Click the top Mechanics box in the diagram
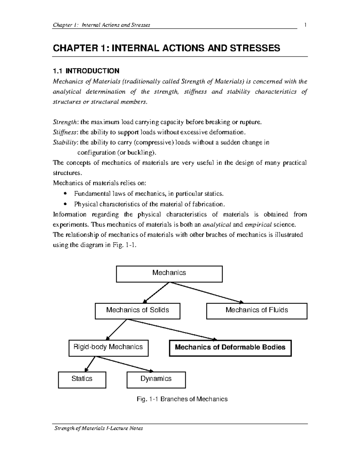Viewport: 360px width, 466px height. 169,274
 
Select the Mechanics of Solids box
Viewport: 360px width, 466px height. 137,311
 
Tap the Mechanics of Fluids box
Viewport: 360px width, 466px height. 257,311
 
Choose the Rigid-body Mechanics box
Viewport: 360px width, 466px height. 108,348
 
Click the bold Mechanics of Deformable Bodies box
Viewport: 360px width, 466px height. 230,348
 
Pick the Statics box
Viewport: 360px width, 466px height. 82,380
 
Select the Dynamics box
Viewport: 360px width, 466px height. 156,380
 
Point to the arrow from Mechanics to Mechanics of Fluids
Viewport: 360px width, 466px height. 207,293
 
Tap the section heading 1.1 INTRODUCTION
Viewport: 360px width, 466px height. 86,71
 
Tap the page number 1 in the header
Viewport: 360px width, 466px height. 305,25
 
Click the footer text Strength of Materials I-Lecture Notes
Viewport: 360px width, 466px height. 98,428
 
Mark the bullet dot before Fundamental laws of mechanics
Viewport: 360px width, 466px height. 65,194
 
